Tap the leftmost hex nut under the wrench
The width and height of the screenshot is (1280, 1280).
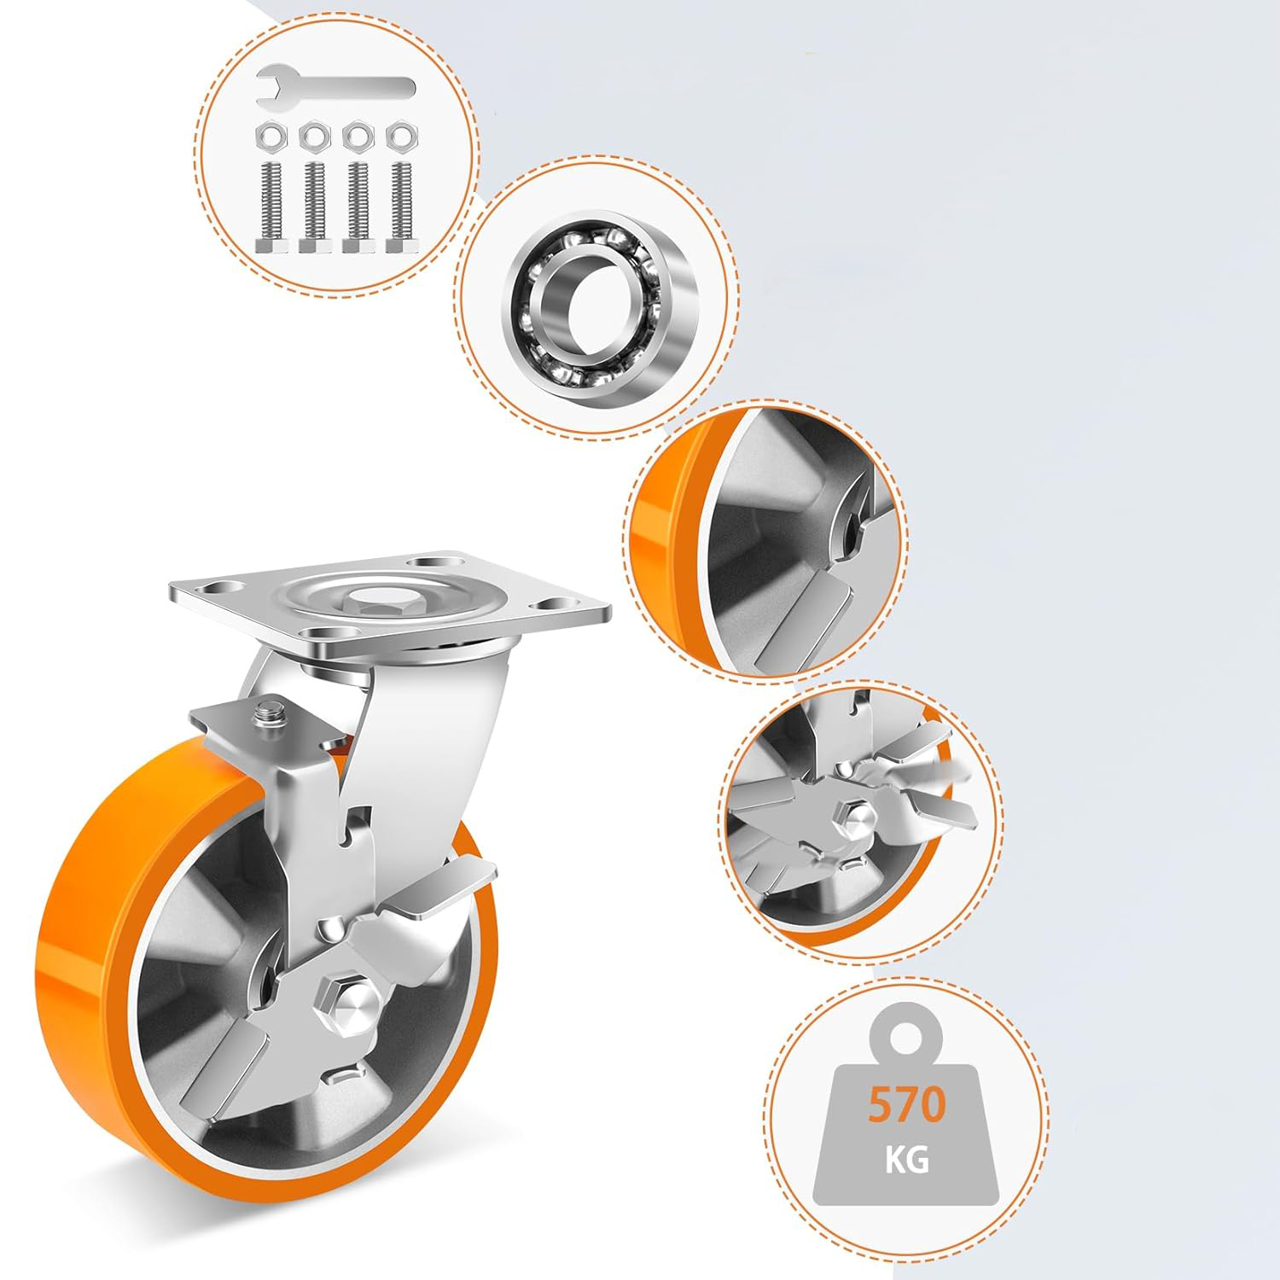[272, 137]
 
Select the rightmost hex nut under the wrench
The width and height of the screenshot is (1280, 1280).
[399, 137]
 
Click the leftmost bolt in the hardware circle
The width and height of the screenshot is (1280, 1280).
[272, 206]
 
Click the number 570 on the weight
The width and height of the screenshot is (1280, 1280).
[907, 1104]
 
